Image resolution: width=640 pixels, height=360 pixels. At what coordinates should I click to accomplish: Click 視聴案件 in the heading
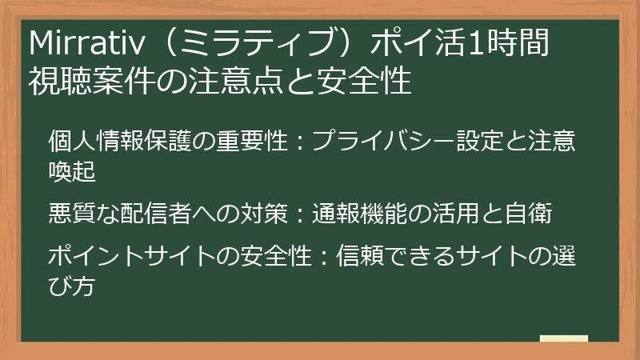tap(95, 80)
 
